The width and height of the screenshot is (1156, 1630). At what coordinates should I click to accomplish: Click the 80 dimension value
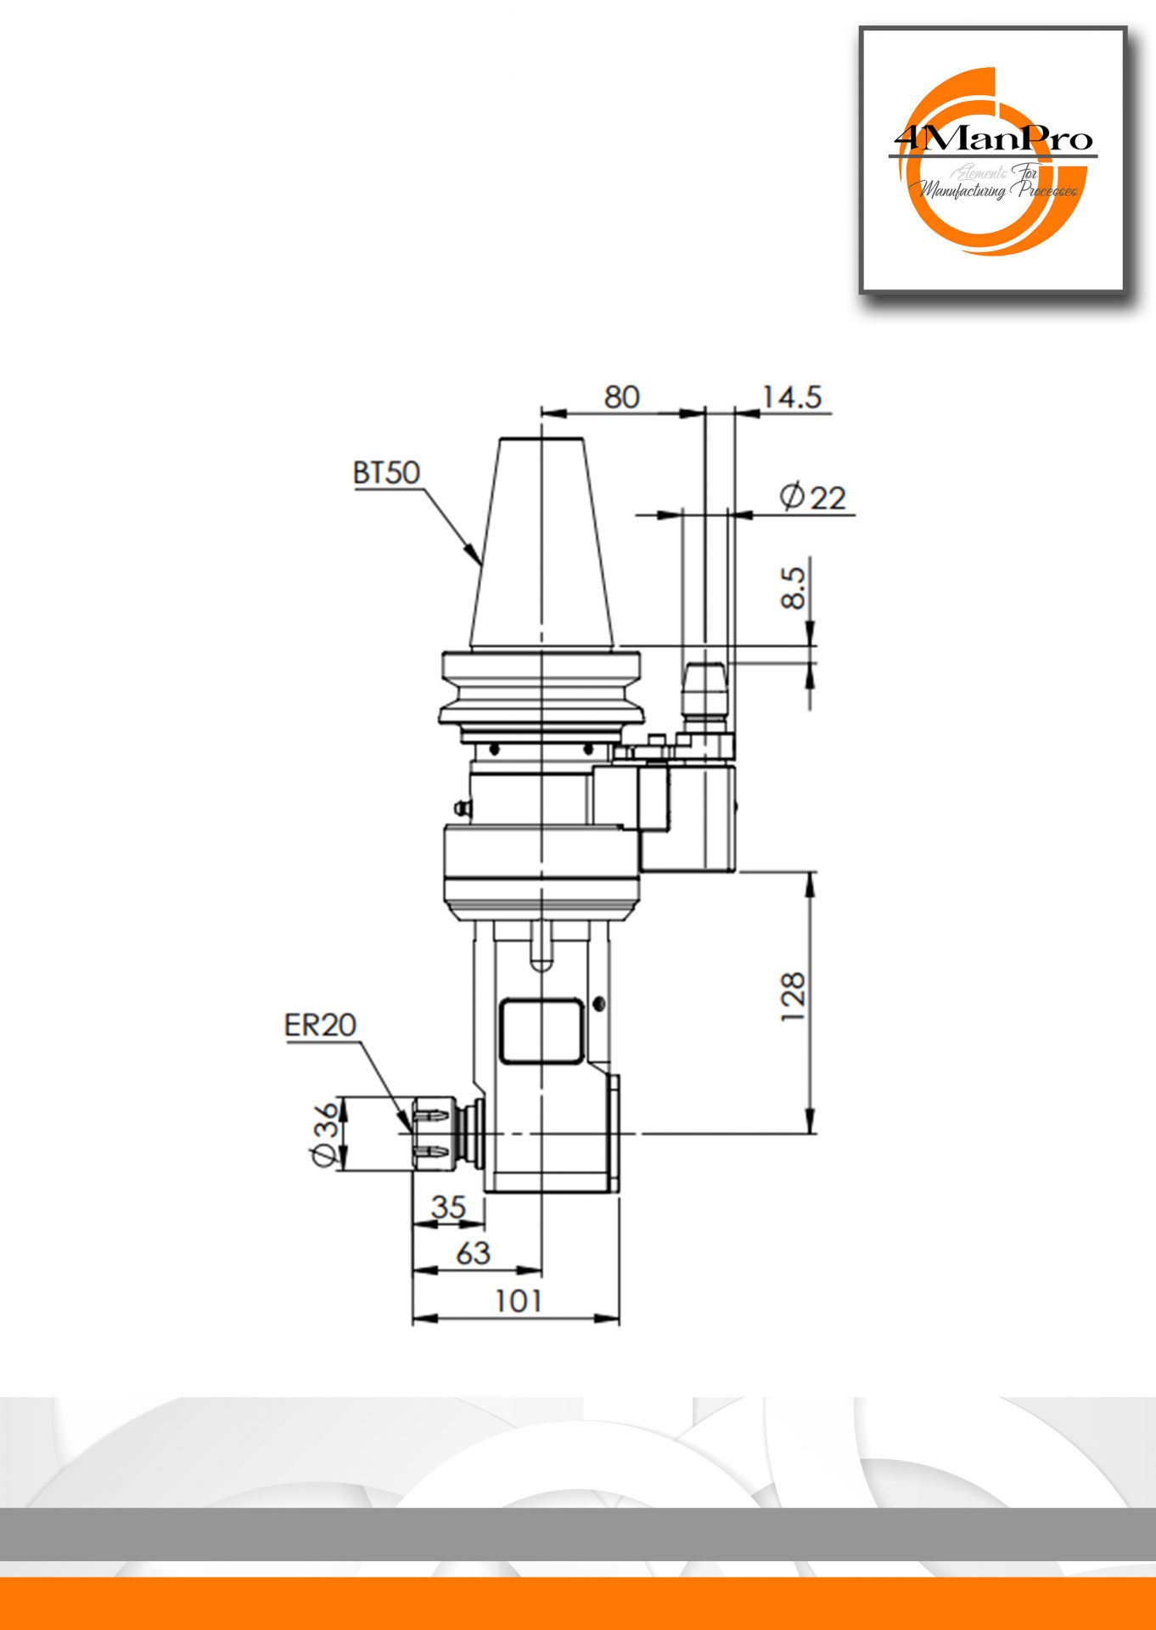[621, 396]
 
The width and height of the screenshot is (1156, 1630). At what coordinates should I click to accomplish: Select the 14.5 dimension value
[791, 396]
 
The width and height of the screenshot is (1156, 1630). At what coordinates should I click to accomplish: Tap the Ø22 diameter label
[812, 497]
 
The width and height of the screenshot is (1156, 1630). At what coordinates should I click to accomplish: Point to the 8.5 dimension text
[793, 587]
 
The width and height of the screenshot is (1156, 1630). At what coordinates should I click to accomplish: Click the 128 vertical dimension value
[792, 998]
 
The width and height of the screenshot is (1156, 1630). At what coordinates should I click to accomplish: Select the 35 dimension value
[448, 1206]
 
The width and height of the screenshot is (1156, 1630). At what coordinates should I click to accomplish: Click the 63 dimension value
[473, 1252]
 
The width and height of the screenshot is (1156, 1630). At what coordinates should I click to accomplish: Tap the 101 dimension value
[518, 1300]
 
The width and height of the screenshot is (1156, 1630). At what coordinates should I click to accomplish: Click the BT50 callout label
[386, 473]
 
